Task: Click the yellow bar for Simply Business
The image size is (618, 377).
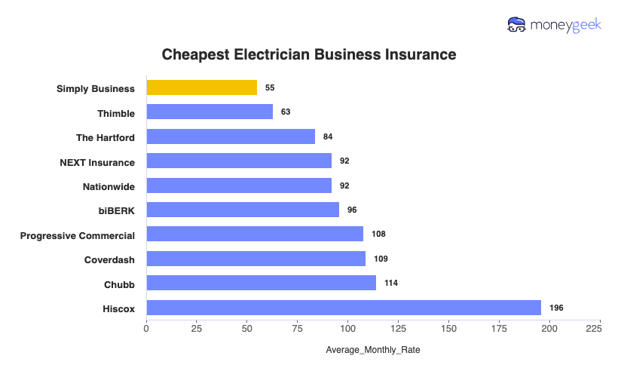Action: tap(201, 88)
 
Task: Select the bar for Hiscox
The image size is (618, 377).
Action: tap(344, 308)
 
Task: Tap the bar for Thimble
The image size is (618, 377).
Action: tap(210, 112)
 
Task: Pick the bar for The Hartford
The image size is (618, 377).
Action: tap(231, 136)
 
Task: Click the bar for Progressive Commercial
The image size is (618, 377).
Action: tap(255, 234)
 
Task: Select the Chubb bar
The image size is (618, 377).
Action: tap(261, 283)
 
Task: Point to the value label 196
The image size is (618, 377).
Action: tap(556, 308)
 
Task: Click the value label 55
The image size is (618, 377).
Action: tap(270, 88)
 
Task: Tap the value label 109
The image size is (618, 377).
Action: tap(381, 259)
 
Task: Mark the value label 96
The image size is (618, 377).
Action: tap(352, 210)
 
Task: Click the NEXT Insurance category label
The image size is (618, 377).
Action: tap(97, 161)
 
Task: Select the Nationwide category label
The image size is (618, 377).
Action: tap(109, 185)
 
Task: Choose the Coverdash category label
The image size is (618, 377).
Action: tap(109, 259)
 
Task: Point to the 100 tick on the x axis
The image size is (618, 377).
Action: tap(348, 329)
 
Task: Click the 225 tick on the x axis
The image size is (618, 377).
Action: tap(593, 329)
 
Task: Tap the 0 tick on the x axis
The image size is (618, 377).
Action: tap(146, 329)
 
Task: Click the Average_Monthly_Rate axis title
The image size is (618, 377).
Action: tap(373, 351)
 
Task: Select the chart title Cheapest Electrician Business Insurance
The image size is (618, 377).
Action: tap(309, 55)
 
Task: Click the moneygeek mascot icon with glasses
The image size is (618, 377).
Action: tap(517, 25)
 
